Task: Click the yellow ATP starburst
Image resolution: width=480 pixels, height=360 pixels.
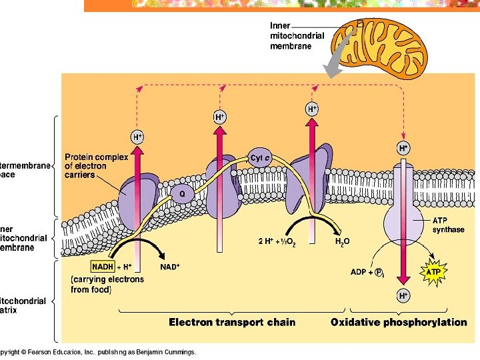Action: [433, 272]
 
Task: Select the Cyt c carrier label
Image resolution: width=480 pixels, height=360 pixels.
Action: [260, 158]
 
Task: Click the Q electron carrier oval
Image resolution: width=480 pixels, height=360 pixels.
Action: [181, 194]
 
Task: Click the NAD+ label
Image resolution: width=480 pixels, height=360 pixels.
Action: [171, 267]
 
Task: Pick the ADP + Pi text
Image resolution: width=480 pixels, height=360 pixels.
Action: [367, 272]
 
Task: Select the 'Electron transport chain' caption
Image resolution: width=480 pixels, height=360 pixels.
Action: [232, 323]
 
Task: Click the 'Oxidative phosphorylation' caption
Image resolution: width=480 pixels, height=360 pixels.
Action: [399, 323]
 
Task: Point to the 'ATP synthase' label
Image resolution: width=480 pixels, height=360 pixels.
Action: [448, 225]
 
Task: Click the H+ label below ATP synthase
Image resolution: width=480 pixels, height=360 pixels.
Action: [403, 295]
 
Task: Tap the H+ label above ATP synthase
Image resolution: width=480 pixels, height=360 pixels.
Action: [403, 147]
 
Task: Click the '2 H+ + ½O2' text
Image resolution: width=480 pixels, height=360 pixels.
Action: [277, 241]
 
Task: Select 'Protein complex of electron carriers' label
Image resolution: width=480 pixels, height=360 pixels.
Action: [97, 166]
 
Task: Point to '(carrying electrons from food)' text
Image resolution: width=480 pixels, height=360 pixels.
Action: [107, 284]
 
